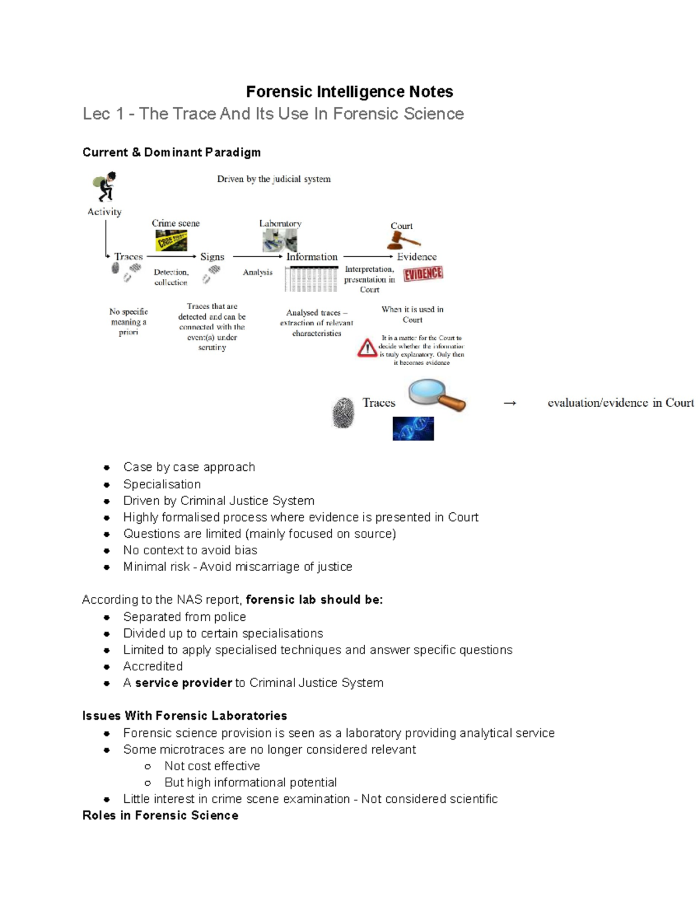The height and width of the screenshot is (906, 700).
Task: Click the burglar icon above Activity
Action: tap(105, 187)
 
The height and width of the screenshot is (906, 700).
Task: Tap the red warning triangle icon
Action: tap(367, 348)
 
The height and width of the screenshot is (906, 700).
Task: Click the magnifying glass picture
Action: tap(436, 395)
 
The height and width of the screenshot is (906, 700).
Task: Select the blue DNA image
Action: tap(413, 428)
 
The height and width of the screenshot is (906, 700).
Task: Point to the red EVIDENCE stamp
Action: tap(423, 274)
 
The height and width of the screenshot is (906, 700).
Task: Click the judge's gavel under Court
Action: tap(402, 240)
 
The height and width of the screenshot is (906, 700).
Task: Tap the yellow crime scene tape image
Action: tap(171, 240)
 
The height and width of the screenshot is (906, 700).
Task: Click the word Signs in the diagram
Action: tap(212, 257)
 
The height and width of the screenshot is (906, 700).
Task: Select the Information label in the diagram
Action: tap(311, 257)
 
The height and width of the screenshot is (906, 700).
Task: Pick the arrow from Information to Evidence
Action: tap(368, 256)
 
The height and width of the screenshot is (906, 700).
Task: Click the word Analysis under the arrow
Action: tap(258, 272)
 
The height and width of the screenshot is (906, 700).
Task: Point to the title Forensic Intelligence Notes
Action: tap(349, 92)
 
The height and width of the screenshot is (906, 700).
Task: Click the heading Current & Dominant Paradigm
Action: tap(171, 152)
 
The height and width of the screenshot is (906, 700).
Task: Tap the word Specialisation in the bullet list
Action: tap(162, 484)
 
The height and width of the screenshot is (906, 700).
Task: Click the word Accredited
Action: tap(153, 666)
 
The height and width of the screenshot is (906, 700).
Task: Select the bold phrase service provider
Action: tap(184, 683)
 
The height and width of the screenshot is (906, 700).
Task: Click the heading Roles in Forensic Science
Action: tap(160, 815)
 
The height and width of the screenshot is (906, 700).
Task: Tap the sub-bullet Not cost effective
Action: tap(212, 766)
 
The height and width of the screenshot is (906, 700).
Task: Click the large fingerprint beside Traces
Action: tap(344, 413)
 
